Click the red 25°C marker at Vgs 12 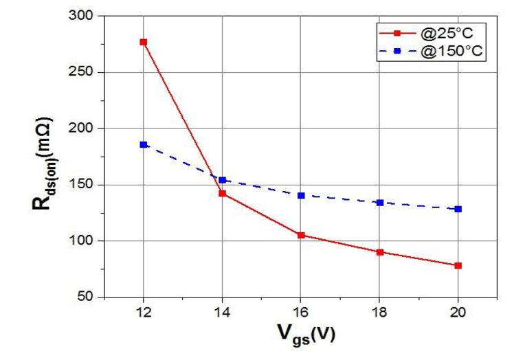tap(143, 42)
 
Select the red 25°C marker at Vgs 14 tap(222, 194)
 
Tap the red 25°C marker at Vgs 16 tap(300, 235)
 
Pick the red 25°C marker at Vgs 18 tap(379, 252)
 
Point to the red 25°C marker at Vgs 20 tap(458, 265)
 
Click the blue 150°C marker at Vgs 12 tap(143, 144)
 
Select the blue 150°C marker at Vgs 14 tap(222, 180)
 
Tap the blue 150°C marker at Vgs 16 tap(300, 196)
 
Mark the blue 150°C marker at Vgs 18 tap(379, 203)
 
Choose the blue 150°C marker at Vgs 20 tap(458, 209)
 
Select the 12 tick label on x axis tap(143, 313)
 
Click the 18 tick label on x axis tap(379, 313)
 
